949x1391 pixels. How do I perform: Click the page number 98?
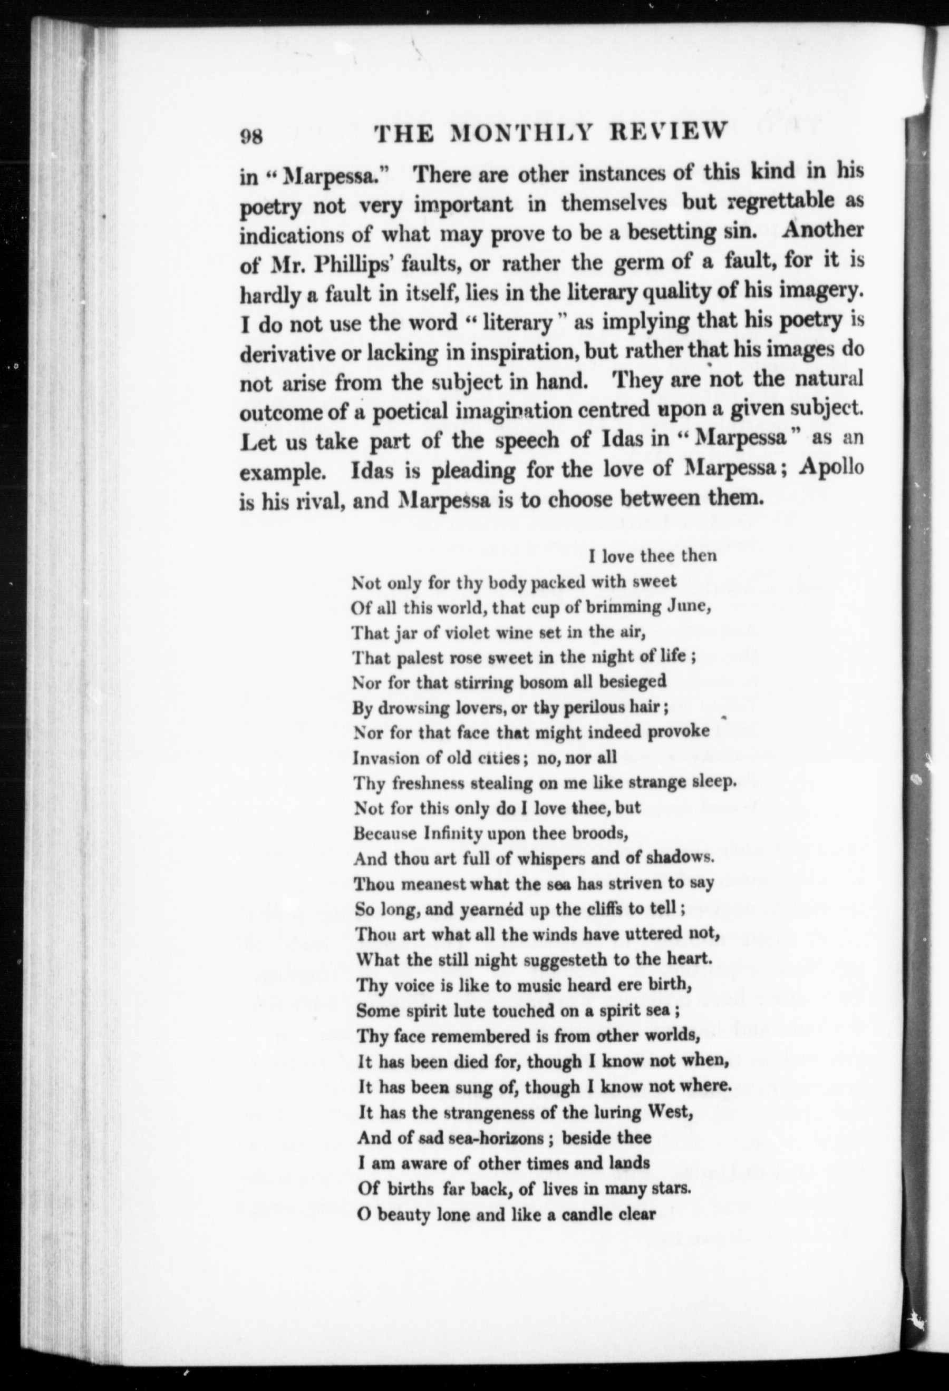click(x=251, y=136)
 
